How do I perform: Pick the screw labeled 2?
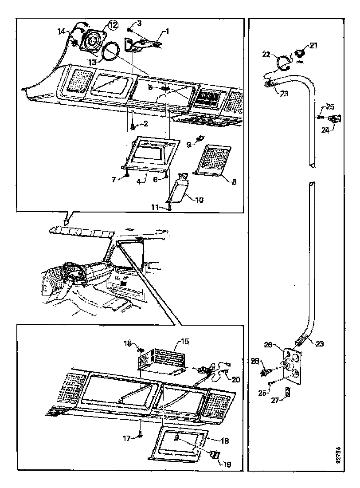pyautogui.click(x=132, y=126)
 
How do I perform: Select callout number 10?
pyautogui.click(x=200, y=200)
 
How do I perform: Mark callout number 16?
pyautogui.click(x=128, y=344)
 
